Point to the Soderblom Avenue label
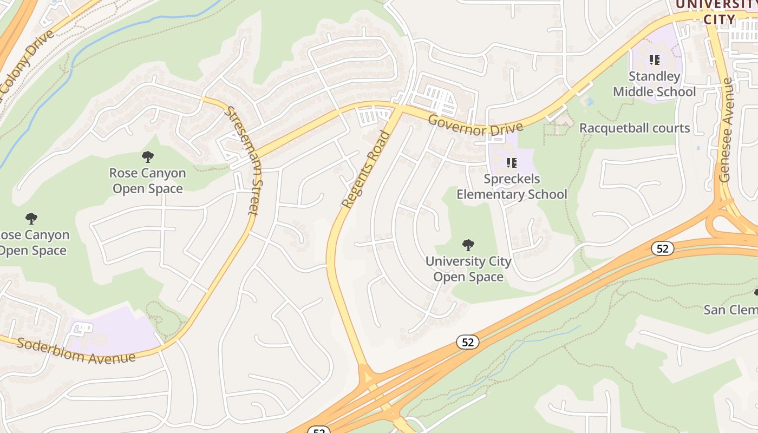tap(76, 351)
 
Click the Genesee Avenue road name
tap(726, 130)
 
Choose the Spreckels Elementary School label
tap(512, 187)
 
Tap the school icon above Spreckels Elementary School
tap(512, 162)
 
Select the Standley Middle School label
tap(654, 84)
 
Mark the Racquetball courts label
tap(635, 128)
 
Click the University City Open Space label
tap(468, 269)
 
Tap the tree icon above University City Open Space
tap(468, 245)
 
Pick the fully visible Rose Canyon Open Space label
tap(147, 181)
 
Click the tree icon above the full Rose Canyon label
tap(147, 157)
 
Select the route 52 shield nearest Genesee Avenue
tap(663, 248)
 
